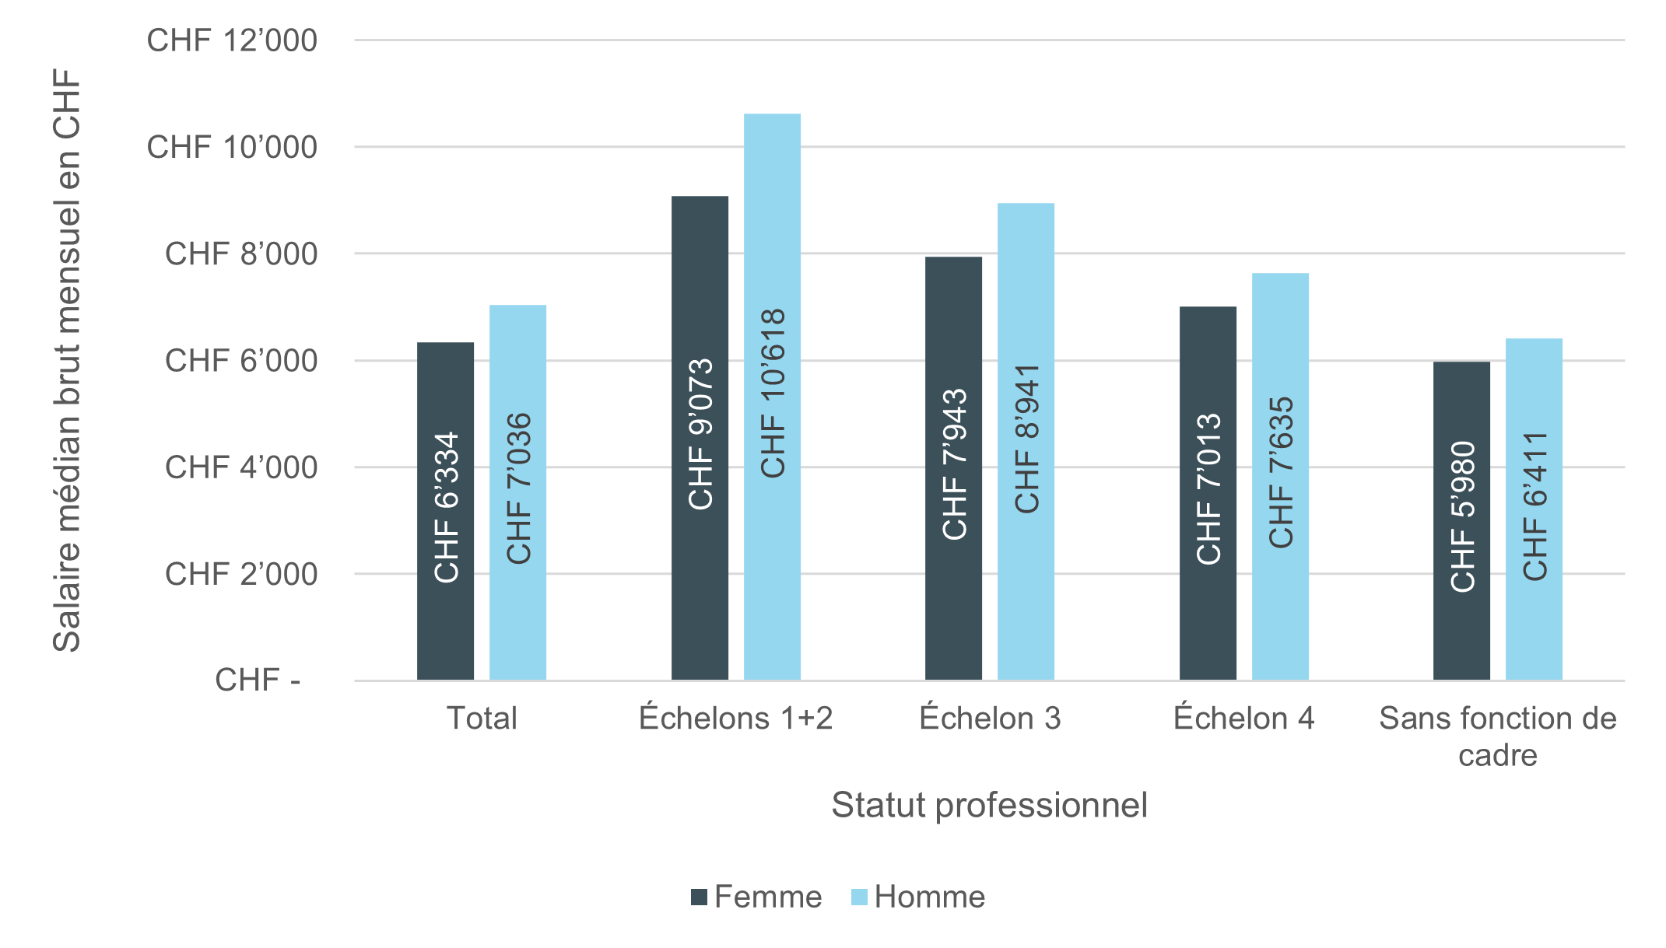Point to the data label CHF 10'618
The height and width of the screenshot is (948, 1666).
(x=773, y=394)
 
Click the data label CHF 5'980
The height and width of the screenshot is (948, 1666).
(x=1462, y=517)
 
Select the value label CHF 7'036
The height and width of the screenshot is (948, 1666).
(x=518, y=488)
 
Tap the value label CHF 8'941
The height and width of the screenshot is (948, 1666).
(x=1026, y=439)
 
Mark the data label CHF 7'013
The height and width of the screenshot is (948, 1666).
(x=1208, y=489)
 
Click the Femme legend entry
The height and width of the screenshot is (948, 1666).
(x=757, y=897)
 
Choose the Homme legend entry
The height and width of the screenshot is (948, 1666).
(x=918, y=897)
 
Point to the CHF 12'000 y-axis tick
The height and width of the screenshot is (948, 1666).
(x=232, y=40)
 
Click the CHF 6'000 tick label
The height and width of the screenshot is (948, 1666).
(x=240, y=361)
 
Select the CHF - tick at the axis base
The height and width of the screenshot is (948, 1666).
(x=258, y=680)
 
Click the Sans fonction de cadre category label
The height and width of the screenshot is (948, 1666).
(x=1497, y=736)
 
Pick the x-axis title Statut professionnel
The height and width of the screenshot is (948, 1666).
(x=989, y=805)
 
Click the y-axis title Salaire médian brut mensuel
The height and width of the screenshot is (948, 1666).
(x=67, y=361)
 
